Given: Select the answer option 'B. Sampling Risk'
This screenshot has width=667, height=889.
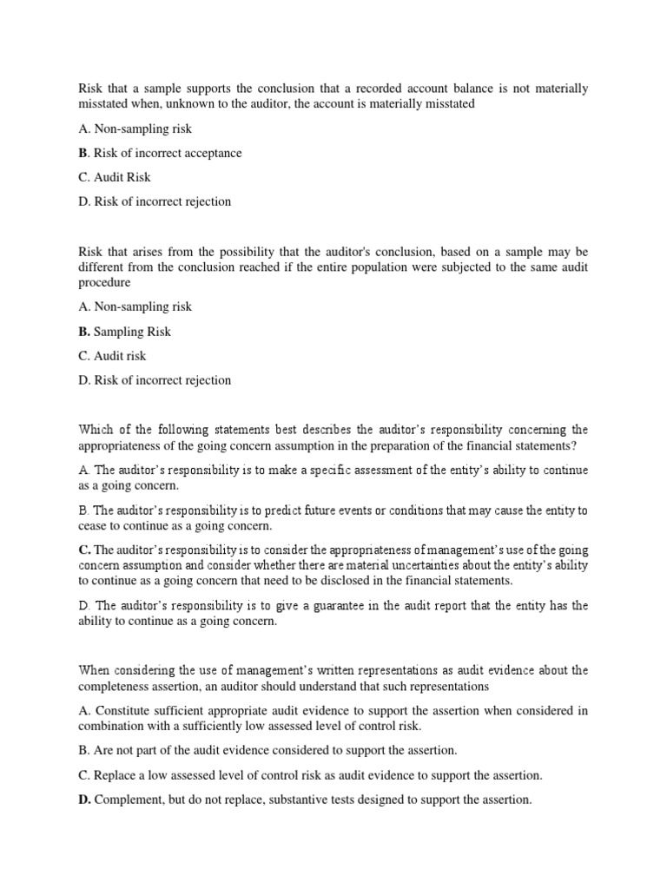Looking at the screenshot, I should (125, 332).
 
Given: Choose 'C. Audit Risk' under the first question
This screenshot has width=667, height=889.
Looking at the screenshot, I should (114, 177).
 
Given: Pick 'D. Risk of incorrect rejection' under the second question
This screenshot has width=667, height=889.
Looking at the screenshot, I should (155, 380).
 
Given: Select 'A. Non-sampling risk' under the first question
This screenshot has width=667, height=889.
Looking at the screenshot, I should (135, 128).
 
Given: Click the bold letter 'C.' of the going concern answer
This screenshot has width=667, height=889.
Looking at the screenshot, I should (84, 550).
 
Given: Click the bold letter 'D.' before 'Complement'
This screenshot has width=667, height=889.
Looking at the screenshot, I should (85, 799).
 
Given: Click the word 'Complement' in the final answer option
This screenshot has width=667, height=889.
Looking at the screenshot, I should (130, 799).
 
